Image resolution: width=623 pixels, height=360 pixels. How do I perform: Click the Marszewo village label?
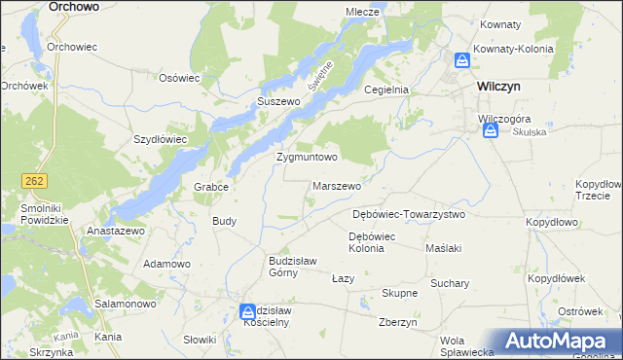337,185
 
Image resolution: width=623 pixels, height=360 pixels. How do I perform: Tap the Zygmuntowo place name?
307,156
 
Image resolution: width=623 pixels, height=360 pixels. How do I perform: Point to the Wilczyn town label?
498,86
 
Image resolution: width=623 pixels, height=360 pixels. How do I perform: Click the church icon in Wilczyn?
461,60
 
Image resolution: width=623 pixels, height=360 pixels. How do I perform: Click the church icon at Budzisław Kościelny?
248,311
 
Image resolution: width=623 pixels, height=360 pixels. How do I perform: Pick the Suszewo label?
275,100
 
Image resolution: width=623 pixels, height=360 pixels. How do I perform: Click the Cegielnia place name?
385,89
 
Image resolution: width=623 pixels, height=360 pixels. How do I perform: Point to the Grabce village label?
211,187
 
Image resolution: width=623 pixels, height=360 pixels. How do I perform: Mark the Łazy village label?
343,278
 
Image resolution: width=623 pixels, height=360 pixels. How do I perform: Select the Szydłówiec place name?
160,138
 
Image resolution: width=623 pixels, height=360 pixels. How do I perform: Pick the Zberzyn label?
398,323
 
